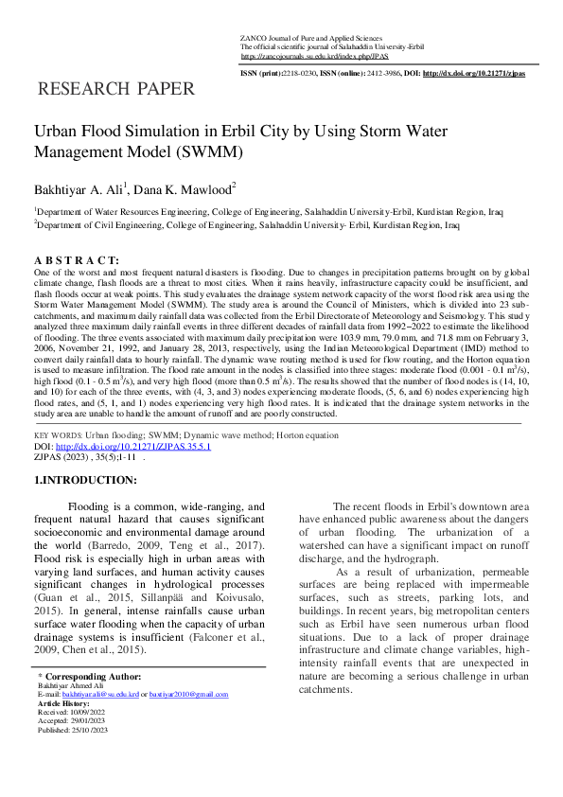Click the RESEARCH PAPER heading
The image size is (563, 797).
(114, 90)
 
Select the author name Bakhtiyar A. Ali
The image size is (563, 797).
(79, 191)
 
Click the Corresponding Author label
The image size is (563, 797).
(94, 677)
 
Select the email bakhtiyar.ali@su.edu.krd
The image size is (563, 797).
(94, 694)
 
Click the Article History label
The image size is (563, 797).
(63, 702)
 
